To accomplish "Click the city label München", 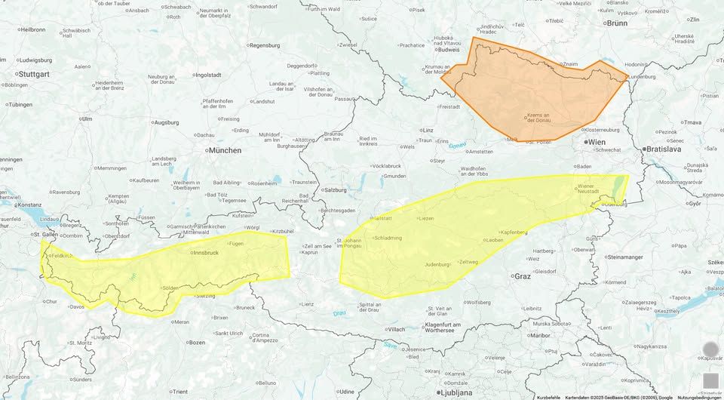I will click(225, 150).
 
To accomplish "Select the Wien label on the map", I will click(597, 142).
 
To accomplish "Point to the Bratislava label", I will click(664, 149).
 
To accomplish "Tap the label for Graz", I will click(522, 276).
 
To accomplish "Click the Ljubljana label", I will click(456, 393).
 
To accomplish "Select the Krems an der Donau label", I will click(538, 118).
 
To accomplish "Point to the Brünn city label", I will click(617, 23).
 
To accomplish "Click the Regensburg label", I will click(268, 45).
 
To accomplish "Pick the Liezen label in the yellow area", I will click(428, 219).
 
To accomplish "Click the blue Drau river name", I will click(340, 313).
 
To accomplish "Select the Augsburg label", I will click(166, 122).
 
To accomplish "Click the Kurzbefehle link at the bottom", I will click(548, 397).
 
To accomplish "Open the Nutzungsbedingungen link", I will click(699, 397).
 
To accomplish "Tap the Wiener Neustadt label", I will click(588, 189).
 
